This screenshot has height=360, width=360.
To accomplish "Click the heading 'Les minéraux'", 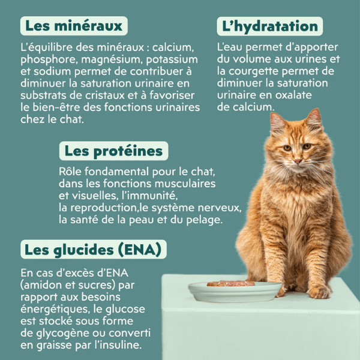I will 74,26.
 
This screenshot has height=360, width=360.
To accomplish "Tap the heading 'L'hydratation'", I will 269,26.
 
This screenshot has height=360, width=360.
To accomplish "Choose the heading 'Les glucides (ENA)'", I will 93,248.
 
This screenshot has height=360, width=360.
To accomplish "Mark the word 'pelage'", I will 202,220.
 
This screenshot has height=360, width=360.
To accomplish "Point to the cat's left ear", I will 313,120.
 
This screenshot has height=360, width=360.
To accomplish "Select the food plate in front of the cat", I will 235,291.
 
